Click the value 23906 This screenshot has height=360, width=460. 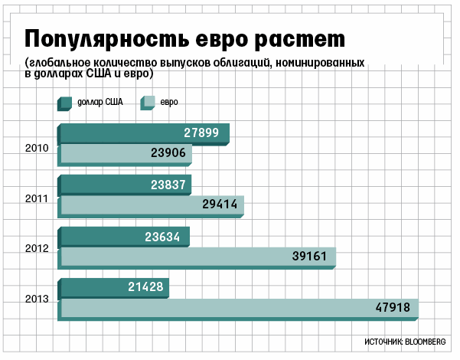coord(169,153)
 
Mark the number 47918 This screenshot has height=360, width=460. coord(393,308)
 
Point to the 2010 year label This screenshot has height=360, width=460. coord(37,147)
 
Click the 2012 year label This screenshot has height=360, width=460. coord(37,249)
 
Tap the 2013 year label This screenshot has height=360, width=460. coord(37,299)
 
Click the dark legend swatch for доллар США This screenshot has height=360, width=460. coord(64,102)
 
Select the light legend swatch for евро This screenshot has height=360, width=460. coord(148,102)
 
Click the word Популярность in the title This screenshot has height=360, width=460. coord(106,39)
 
